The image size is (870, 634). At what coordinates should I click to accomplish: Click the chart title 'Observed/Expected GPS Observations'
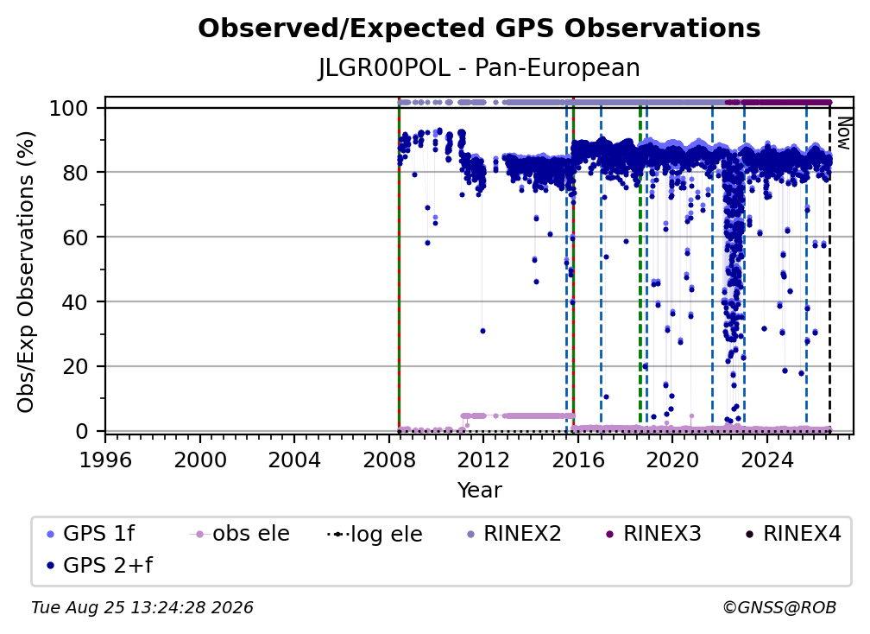479,29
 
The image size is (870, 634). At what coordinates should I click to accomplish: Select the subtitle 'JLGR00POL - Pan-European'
479,67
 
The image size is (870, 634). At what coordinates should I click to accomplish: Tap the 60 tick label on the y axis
75,237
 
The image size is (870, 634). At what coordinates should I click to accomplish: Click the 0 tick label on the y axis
82,431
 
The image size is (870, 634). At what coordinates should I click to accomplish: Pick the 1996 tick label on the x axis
105,460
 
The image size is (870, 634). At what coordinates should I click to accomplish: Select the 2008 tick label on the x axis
389,460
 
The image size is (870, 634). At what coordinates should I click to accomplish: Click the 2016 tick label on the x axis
577,460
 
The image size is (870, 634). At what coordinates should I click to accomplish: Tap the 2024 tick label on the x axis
766,460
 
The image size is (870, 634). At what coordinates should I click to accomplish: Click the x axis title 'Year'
479,491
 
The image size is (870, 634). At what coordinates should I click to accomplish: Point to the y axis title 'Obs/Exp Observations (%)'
26,272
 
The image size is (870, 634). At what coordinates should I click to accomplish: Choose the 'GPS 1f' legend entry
91,534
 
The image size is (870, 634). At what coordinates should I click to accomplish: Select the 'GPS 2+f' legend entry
100,566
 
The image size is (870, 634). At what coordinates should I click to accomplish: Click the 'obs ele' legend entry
240,534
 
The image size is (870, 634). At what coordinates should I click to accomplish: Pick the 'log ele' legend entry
375,535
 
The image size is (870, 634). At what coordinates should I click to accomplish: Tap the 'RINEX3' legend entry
653,534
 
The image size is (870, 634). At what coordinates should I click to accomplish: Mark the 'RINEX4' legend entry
793,534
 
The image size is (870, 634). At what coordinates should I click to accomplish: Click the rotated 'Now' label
843,133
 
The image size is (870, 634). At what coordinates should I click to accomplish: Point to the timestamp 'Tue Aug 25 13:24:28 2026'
142,608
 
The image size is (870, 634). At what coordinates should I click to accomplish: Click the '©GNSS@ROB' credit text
779,608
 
